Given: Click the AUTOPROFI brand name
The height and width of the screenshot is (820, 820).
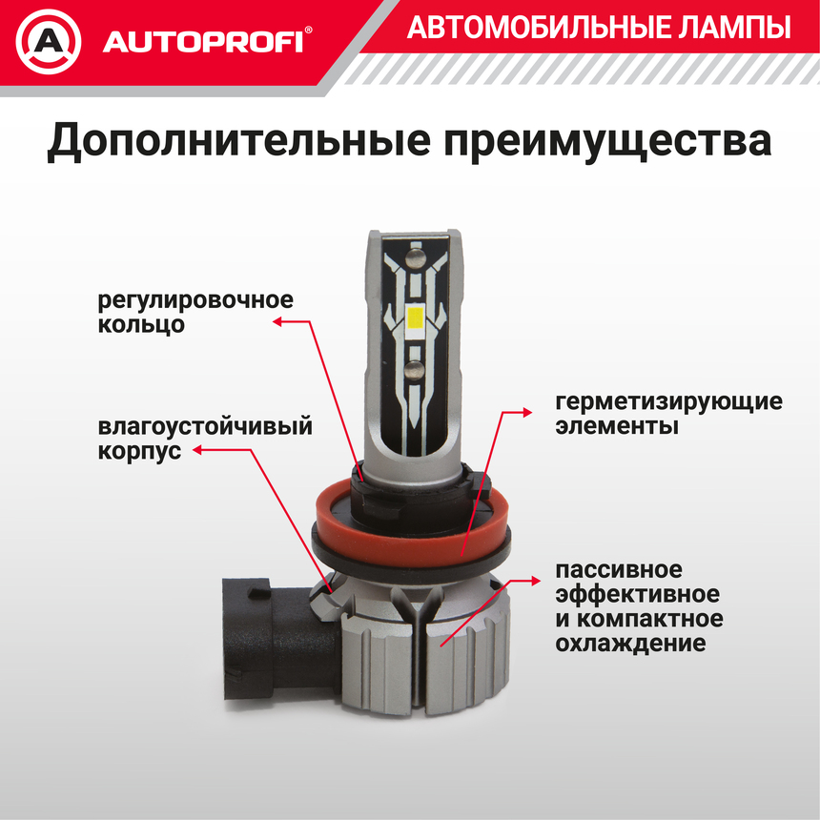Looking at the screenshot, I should tap(202, 42).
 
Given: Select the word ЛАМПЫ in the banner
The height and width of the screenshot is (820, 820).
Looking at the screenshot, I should tap(739, 29).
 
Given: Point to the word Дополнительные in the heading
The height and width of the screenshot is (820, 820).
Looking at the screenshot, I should tap(234, 142).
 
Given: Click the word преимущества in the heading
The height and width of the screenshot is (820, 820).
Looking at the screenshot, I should tap(606, 142).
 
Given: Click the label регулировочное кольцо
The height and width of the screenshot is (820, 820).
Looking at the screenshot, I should tap(195, 311).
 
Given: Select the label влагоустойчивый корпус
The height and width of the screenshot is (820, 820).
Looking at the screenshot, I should tap(204, 439).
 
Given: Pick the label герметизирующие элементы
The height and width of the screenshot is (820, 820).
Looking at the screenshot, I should tap(667, 413).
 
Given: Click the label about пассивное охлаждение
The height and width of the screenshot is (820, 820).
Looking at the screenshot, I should tap(638, 606).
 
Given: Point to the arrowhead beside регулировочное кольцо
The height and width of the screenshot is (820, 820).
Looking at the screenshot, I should tap(278, 322).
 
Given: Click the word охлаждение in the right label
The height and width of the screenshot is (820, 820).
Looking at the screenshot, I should tap(630, 644).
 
